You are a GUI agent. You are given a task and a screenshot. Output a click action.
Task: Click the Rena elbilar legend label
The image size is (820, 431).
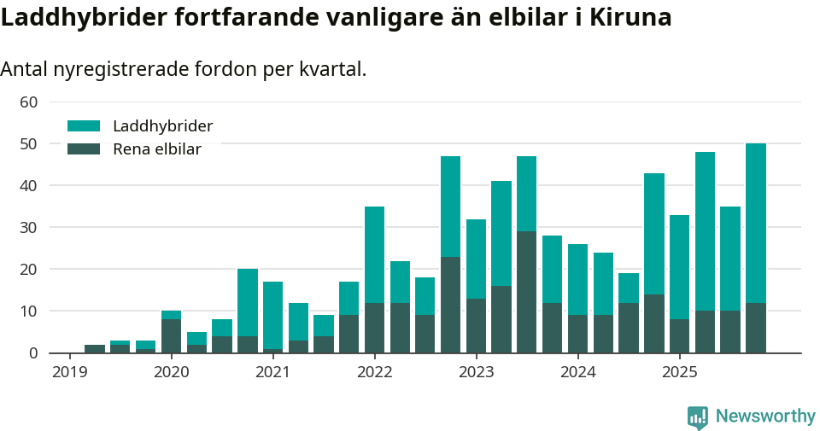[157, 149]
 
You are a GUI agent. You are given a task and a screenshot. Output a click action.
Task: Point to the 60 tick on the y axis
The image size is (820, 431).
[29, 102]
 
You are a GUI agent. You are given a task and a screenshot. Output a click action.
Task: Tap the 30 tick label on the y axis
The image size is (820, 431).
[29, 227]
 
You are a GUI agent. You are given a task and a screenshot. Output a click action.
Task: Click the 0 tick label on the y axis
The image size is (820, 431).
[33, 352]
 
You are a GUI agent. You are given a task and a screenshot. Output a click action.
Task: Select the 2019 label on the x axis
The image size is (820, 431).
[70, 372]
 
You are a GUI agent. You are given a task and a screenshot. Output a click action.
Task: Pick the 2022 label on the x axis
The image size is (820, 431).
[374, 372]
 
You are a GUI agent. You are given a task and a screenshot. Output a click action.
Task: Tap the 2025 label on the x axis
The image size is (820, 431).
[680, 372]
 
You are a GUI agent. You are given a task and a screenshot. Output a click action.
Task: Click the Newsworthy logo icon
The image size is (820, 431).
[698, 416]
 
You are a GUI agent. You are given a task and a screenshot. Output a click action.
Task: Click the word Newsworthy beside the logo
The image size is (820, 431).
[765, 416]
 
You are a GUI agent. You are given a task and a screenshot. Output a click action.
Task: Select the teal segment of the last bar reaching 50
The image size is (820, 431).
[756, 222]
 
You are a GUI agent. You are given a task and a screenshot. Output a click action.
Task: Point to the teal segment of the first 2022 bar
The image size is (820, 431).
[374, 254]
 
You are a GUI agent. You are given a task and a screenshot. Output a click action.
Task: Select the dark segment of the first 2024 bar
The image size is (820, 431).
[578, 334]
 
